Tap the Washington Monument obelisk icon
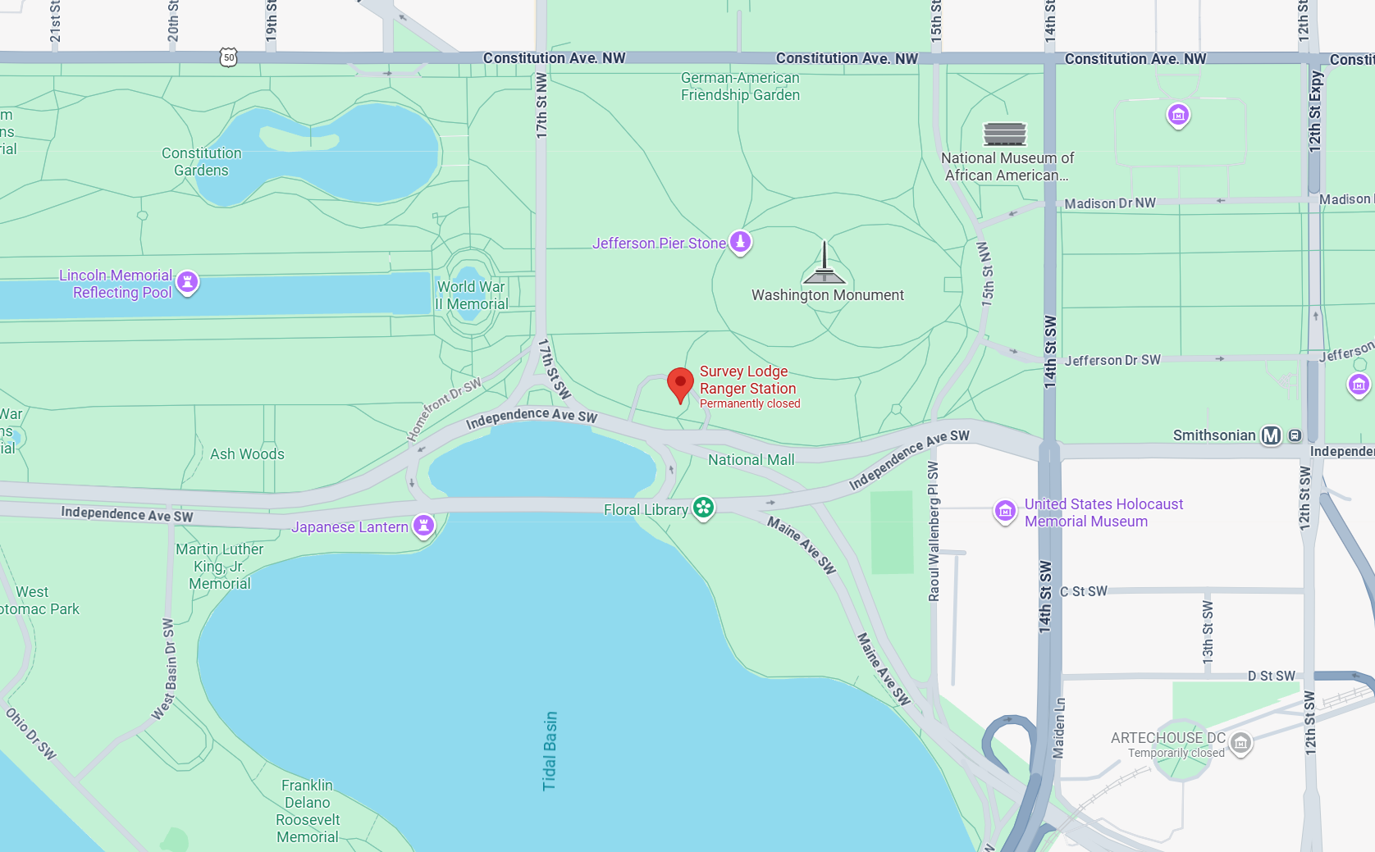click(825, 263)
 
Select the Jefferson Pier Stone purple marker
click(740, 242)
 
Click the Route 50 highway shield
click(229, 57)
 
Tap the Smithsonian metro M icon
click(1271, 435)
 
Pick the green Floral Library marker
click(703, 508)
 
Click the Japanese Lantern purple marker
click(423, 525)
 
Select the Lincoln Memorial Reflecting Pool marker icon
click(188, 282)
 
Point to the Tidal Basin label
click(550, 750)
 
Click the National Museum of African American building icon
click(1005, 133)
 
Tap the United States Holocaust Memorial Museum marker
click(1005, 511)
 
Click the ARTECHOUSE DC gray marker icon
click(1240, 743)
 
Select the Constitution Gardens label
click(201, 162)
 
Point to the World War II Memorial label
click(472, 295)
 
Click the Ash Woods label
click(247, 454)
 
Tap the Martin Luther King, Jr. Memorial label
click(219, 566)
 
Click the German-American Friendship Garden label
click(740, 86)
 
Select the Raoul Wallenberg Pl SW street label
click(934, 531)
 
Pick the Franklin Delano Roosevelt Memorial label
click(308, 811)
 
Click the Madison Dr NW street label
click(1110, 203)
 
